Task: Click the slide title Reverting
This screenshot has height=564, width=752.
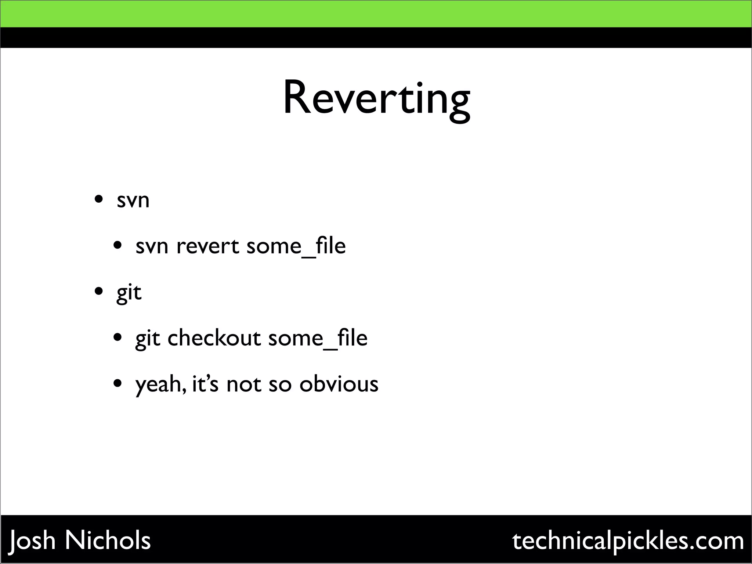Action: click(x=376, y=99)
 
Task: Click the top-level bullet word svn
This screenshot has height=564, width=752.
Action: click(x=133, y=200)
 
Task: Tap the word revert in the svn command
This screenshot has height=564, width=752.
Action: click(x=207, y=246)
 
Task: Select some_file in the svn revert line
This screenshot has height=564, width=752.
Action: click(x=296, y=246)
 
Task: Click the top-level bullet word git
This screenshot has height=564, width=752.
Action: click(x=129, y=293)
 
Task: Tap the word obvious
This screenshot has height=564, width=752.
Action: click(x=339, y=384)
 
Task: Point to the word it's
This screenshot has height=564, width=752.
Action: click(x=205, y=384)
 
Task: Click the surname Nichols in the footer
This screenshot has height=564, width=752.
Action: click(x=108, y=540)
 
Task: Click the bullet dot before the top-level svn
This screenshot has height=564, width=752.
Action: click(x=98, y=200)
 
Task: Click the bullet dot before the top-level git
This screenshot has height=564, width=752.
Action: click(x=98, y=292)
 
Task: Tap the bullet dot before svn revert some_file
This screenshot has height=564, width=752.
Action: click(x=117, y=246)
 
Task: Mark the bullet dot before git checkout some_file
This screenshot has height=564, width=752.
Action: click(x=117, y=337)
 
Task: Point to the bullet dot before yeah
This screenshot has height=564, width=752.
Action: click(x=117, y=384)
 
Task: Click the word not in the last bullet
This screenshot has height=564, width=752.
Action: click(x=244, y=384)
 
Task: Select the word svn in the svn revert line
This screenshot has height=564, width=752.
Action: click(x=152, y=246)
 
